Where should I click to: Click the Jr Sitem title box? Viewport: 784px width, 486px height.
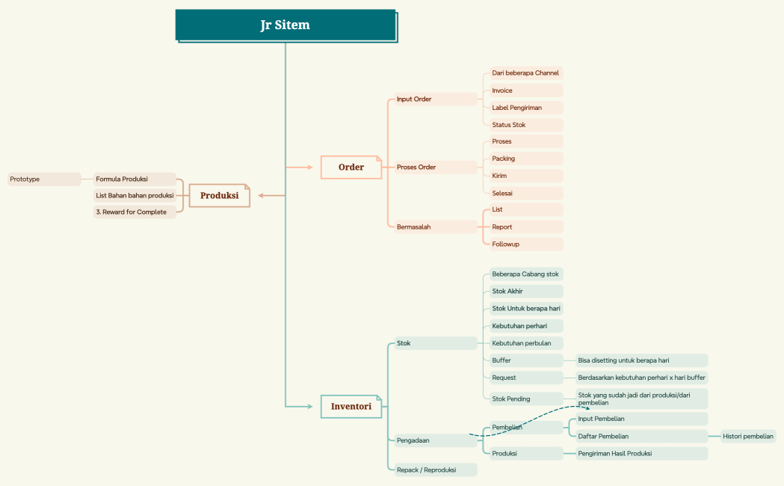[x=286, y=25]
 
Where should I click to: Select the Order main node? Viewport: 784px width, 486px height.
[x=351, y=167]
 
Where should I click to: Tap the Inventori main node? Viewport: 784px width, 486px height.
[x=351, y=407]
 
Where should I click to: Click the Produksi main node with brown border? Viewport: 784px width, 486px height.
[x=220, y=195]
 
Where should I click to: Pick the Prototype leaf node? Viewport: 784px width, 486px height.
[x=44, y=179]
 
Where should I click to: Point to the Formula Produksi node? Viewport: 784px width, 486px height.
[x=135, y=179]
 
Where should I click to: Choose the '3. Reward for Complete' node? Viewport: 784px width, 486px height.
[x=135, y=212]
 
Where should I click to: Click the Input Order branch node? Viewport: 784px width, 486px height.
[x=436, y=99]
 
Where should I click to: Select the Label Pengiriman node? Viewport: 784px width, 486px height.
[x=526, y=108]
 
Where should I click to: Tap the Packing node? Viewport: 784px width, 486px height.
[x=526, y=159]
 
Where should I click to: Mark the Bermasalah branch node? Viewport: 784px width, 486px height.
[x=436, y=227]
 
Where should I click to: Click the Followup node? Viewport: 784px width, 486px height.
[x=526, y=244]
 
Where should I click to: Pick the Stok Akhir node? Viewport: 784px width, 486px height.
[x=526, y=291]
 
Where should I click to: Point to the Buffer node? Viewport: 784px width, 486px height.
[x=526, y=360]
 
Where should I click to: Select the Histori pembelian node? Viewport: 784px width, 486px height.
[x=748, y=437]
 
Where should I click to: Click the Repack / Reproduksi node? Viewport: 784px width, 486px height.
[x=436, y=470]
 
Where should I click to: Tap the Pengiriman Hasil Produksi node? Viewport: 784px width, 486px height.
[x=641, y=454]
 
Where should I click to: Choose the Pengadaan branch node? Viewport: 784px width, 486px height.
[x=436, y=440]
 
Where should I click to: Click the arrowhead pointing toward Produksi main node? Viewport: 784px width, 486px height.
[x=261, y=195]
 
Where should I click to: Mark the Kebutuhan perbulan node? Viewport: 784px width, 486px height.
[x=526, y=343]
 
